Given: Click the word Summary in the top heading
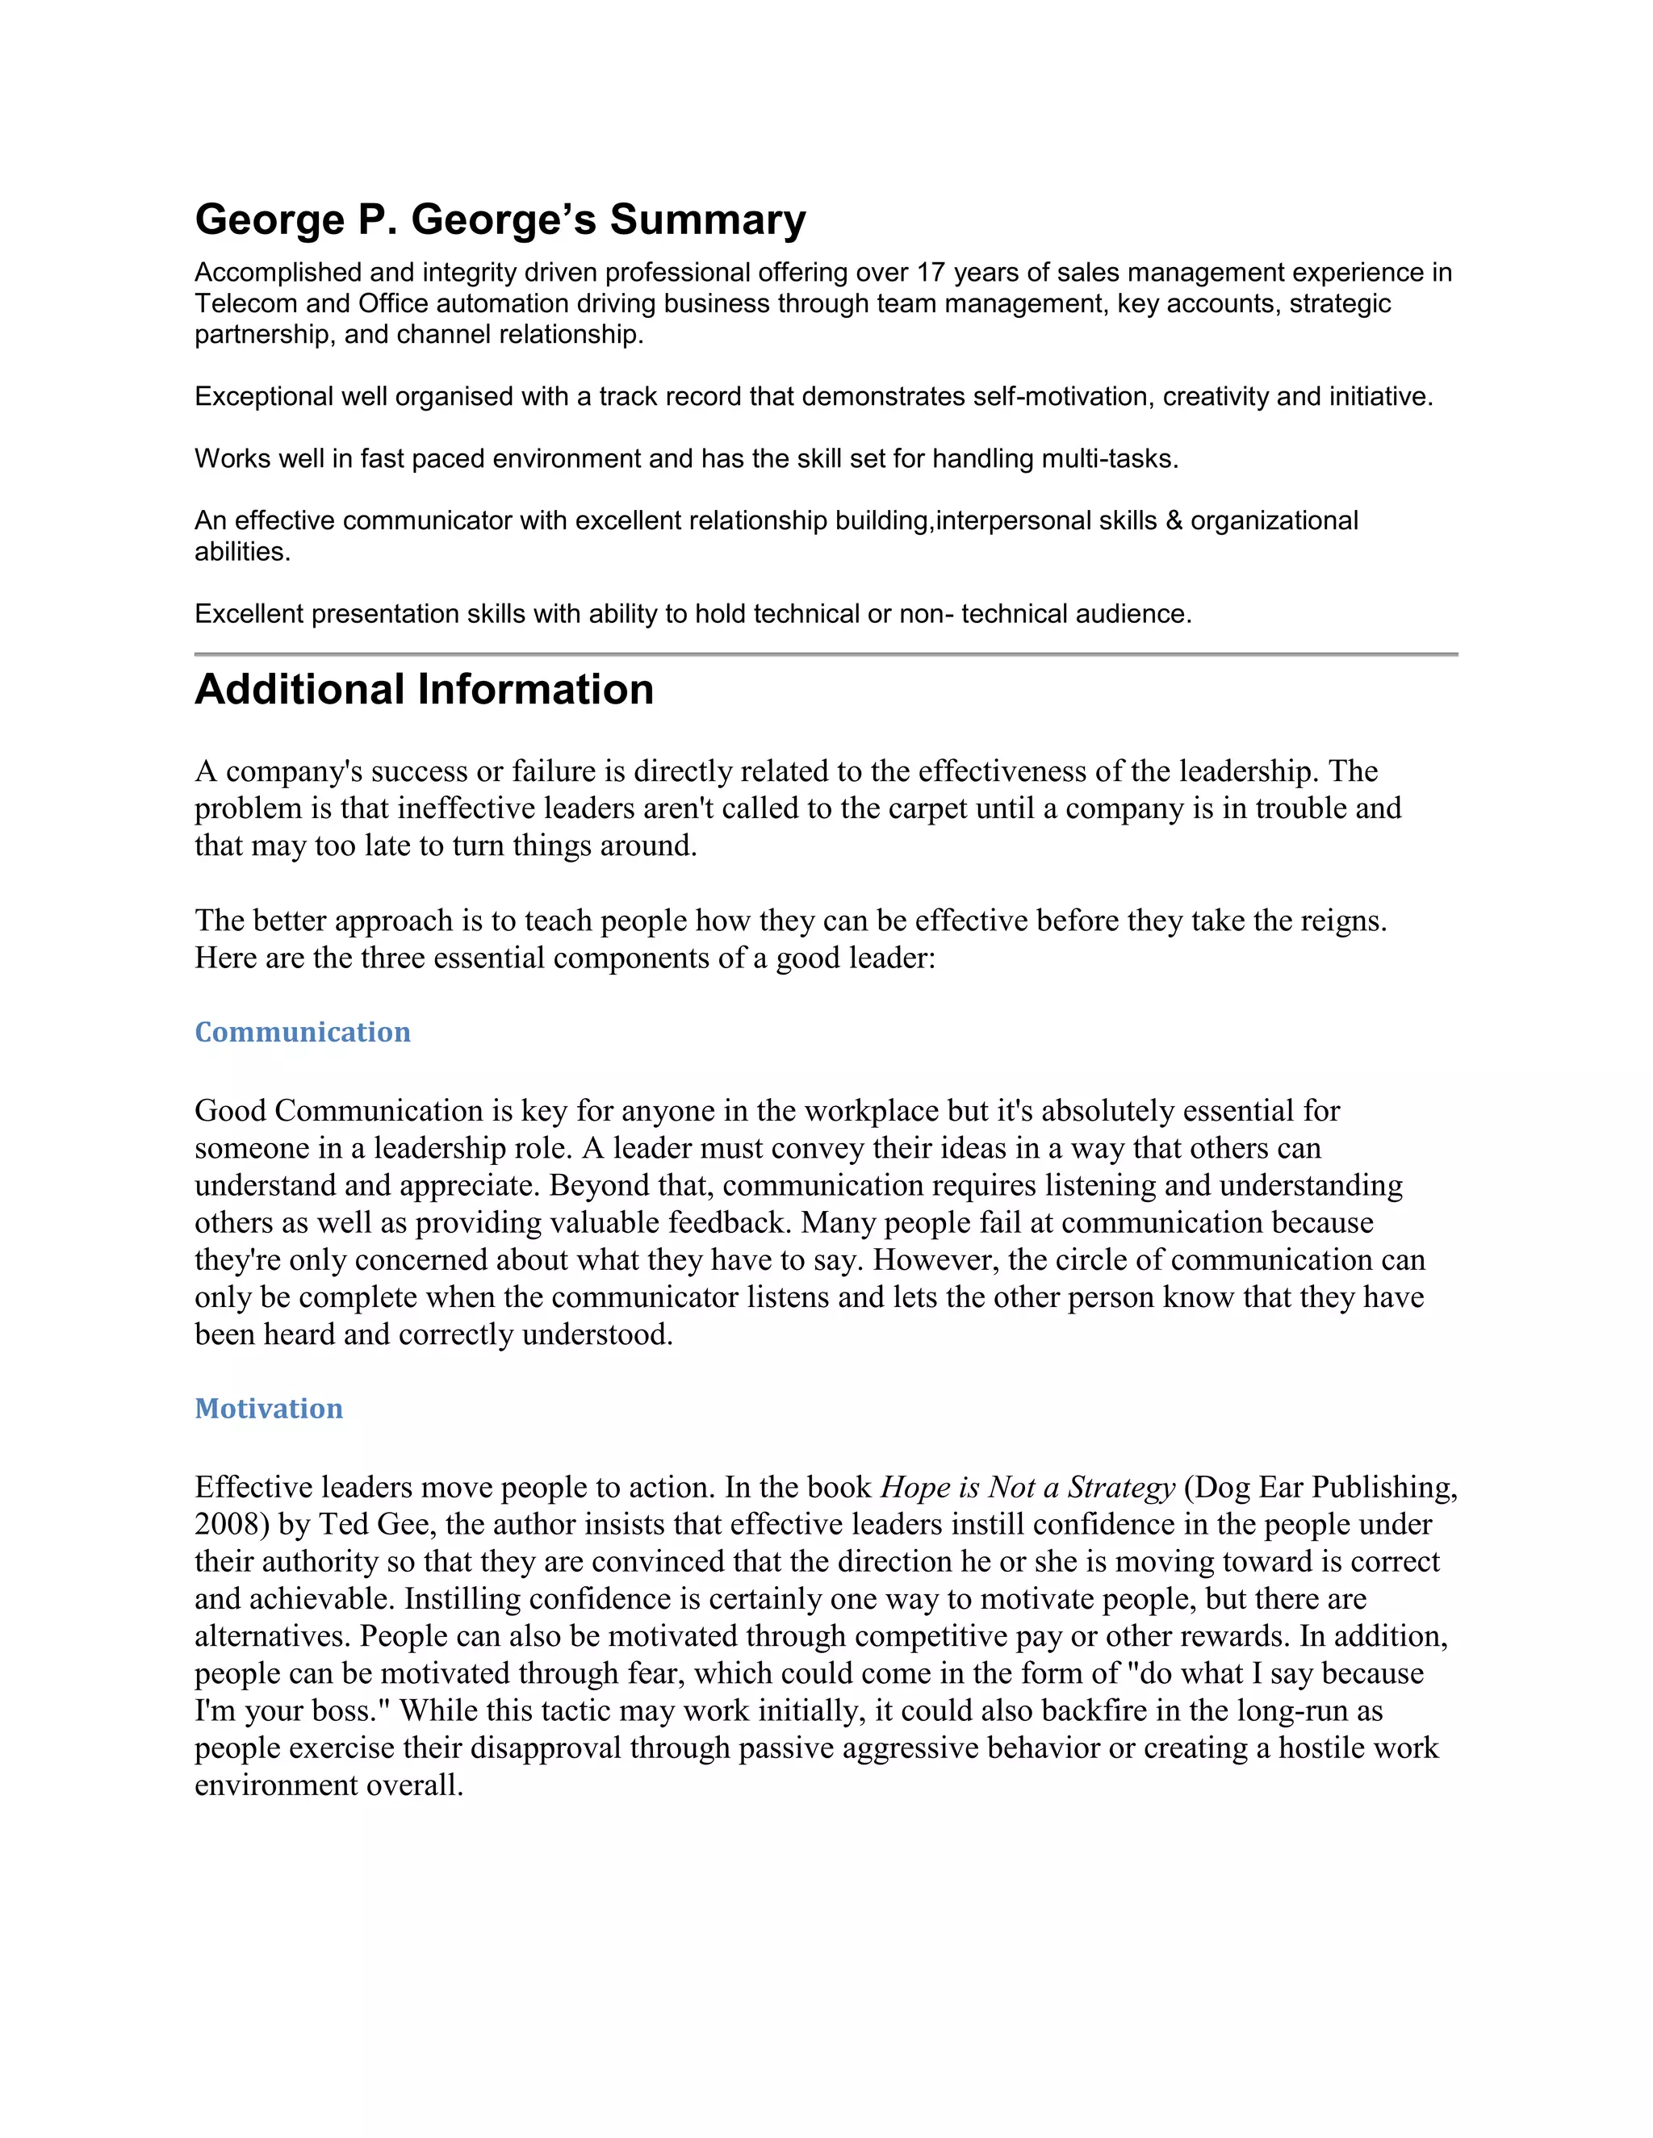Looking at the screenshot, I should pos(707,219).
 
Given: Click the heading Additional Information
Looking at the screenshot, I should pos(424,690).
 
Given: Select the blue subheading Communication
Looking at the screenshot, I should pos(303,1032).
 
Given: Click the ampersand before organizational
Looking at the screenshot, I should pos(1174,521).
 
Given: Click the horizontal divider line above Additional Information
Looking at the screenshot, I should pos(826,653).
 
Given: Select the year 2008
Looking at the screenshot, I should pos(231,1524).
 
